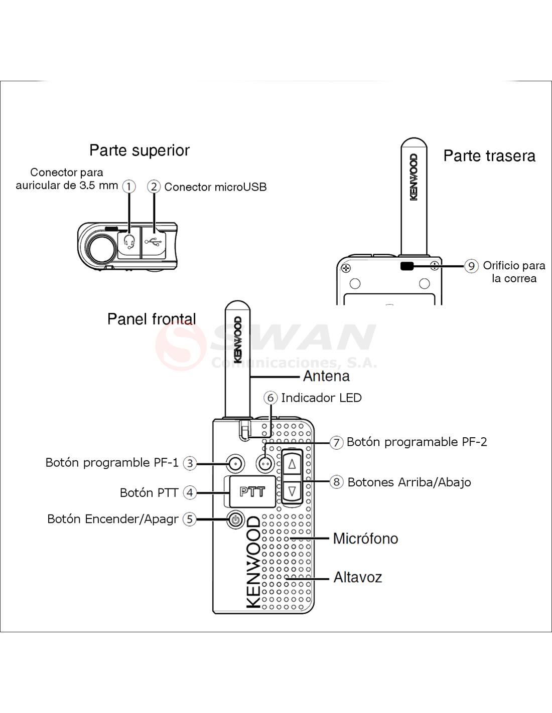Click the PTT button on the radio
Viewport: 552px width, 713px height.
252,492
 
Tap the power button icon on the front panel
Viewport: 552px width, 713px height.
235,519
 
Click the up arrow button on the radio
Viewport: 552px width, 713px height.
292,464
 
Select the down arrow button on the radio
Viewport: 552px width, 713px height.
292,490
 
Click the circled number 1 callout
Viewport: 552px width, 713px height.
129,187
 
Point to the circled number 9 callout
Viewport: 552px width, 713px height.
471,266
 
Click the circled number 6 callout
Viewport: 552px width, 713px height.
270,398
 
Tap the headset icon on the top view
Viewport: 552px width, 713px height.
129,242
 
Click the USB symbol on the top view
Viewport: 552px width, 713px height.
154,242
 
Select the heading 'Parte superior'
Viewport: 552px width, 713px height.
140,150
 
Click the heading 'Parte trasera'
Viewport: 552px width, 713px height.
489,156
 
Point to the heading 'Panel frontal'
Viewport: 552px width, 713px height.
152,319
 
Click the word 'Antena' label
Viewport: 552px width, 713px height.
326,376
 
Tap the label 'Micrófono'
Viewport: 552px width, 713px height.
365,539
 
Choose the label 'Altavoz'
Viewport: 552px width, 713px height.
358,577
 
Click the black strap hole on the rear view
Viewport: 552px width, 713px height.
406,266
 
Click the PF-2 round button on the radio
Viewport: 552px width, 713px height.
264,463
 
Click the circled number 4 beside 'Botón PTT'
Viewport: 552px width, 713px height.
189,492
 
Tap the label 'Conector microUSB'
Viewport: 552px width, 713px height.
215,187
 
